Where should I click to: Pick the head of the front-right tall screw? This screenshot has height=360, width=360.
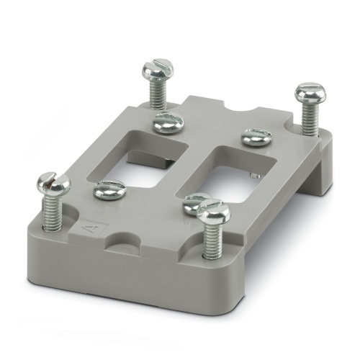click(x=213, y=211)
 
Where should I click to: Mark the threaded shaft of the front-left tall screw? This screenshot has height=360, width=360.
click(x=53, y=214)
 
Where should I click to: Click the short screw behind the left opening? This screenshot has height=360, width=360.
click(x=167, y=122)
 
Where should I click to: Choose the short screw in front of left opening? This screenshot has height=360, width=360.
click(x=110, y=192)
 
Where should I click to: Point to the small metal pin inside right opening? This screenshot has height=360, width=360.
click(x=251, y=175)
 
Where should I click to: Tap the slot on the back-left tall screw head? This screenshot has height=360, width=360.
click(x=158, y=67)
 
